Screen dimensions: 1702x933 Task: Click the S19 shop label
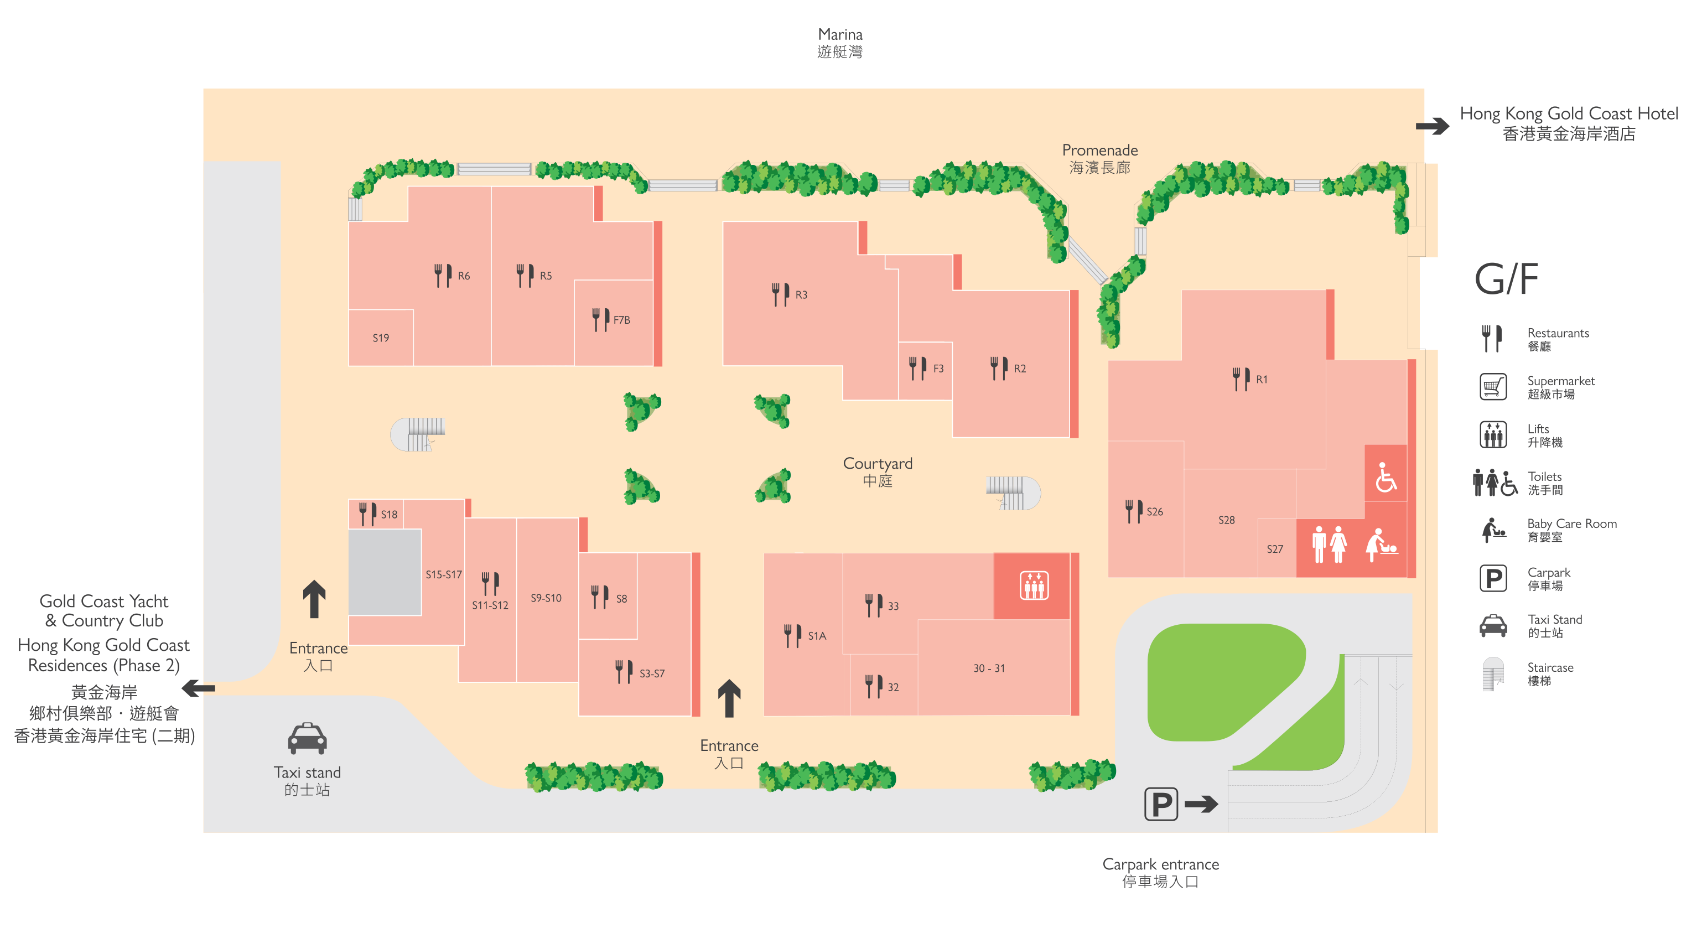pos(381,338)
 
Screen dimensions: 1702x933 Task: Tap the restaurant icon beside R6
pos(443,275)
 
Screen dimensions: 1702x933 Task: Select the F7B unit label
pos(622,320)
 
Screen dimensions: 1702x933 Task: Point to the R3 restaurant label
pos(801,295)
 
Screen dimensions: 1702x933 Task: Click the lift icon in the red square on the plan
pos(1034,585)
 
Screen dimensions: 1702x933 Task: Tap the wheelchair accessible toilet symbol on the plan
pos(1386,476)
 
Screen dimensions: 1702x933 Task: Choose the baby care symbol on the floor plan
pos(1382,545)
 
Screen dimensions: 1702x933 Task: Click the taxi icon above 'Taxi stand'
pos(307,738)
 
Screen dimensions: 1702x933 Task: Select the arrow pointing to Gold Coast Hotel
pos(1433,126)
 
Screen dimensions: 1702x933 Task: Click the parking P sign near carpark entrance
pos(1161,804)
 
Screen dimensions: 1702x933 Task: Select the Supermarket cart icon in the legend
pos(1493,387)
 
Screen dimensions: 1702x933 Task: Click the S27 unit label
pos(1274,549)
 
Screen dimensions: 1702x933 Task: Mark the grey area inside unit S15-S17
pos(385,572)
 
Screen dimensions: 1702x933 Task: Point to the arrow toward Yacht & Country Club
pos(198,688)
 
